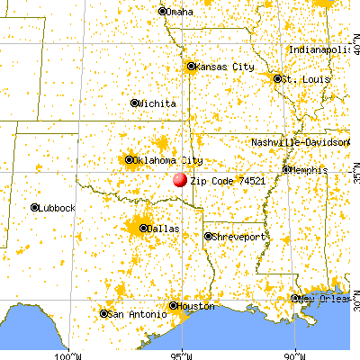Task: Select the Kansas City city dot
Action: point(191,66)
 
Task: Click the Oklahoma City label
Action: point(163,160)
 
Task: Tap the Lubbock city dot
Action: point(34,208)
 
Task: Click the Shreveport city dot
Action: point(208,237)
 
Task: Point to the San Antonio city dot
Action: point(103,314)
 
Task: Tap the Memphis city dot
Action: point(287,169)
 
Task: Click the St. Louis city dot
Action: point(277,78)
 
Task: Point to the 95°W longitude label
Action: point(183,355)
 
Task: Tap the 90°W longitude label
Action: point(298,355)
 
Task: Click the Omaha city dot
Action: point(162,12)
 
